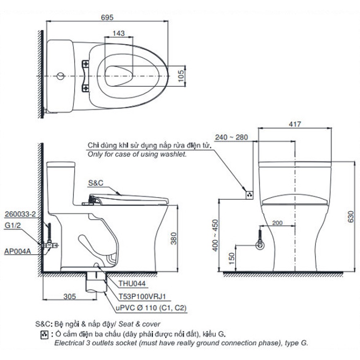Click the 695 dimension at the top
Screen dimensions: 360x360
pyautogui.click(x=107, y=17)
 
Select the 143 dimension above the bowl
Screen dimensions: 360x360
pyautogui.click(x=119, y=33)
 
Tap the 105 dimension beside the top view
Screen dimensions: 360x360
pyautogui.click(x=181, y=76)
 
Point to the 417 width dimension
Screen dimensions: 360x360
pyautogui.click(x=295, y=124)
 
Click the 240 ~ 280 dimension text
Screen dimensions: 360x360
pyautogui.click(x=231, y=137)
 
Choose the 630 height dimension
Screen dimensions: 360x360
pyautogui.click(x=351, y=216)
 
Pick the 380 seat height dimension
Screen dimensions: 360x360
pyautogui.click(x=174, y=239)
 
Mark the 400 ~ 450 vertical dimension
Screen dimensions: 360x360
pyautogui.click(x=215, y=235)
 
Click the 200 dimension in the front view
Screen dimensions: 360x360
pyautogui.click(x=277, y=223)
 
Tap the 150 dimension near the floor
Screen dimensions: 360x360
pyautogui.click(x=232, y=258)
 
